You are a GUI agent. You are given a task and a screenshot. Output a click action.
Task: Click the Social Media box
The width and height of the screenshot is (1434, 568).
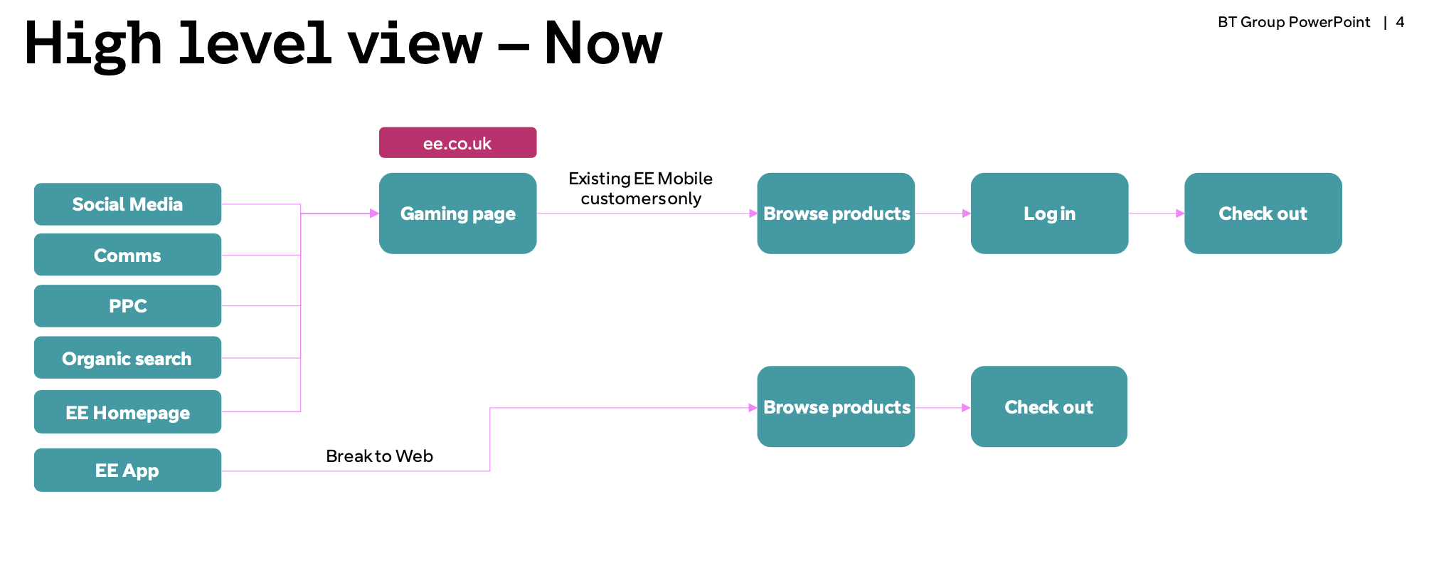127,204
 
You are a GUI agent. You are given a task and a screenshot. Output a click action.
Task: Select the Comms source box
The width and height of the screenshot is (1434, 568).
127,255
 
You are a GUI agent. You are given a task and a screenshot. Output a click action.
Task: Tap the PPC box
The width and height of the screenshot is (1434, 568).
127,306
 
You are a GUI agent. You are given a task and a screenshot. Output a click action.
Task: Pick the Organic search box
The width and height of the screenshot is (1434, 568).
127,358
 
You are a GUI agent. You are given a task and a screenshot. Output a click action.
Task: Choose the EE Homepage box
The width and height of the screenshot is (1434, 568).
127,412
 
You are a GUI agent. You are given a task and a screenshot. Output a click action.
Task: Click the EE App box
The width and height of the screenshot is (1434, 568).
127,470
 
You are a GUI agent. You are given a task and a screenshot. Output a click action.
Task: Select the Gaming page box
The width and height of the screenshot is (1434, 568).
457,214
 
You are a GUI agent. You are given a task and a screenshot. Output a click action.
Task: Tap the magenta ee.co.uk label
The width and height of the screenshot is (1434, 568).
457,143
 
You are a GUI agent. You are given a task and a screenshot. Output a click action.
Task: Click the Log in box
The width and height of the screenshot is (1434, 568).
1049,214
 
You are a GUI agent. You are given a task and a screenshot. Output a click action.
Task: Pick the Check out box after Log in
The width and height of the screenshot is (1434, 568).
1263,214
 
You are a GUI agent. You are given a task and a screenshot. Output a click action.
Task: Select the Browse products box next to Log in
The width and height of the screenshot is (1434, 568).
836,214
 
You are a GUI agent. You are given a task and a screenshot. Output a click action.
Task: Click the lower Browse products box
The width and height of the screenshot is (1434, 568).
836,406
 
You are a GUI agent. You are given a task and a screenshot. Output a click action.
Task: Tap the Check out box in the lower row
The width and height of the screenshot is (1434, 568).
1049,406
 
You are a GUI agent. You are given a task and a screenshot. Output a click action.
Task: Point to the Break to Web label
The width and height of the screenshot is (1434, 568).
379,456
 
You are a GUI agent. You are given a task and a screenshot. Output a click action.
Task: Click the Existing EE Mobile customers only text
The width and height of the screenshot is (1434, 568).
641,189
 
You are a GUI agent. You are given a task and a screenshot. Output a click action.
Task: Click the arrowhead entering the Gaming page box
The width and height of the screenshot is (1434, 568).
375,214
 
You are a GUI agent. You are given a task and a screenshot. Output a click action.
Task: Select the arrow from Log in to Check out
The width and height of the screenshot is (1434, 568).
1157,214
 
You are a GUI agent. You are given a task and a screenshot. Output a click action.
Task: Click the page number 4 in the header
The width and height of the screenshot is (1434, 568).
1400,22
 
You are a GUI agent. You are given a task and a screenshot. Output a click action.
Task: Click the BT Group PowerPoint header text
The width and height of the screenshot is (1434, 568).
1294,22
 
